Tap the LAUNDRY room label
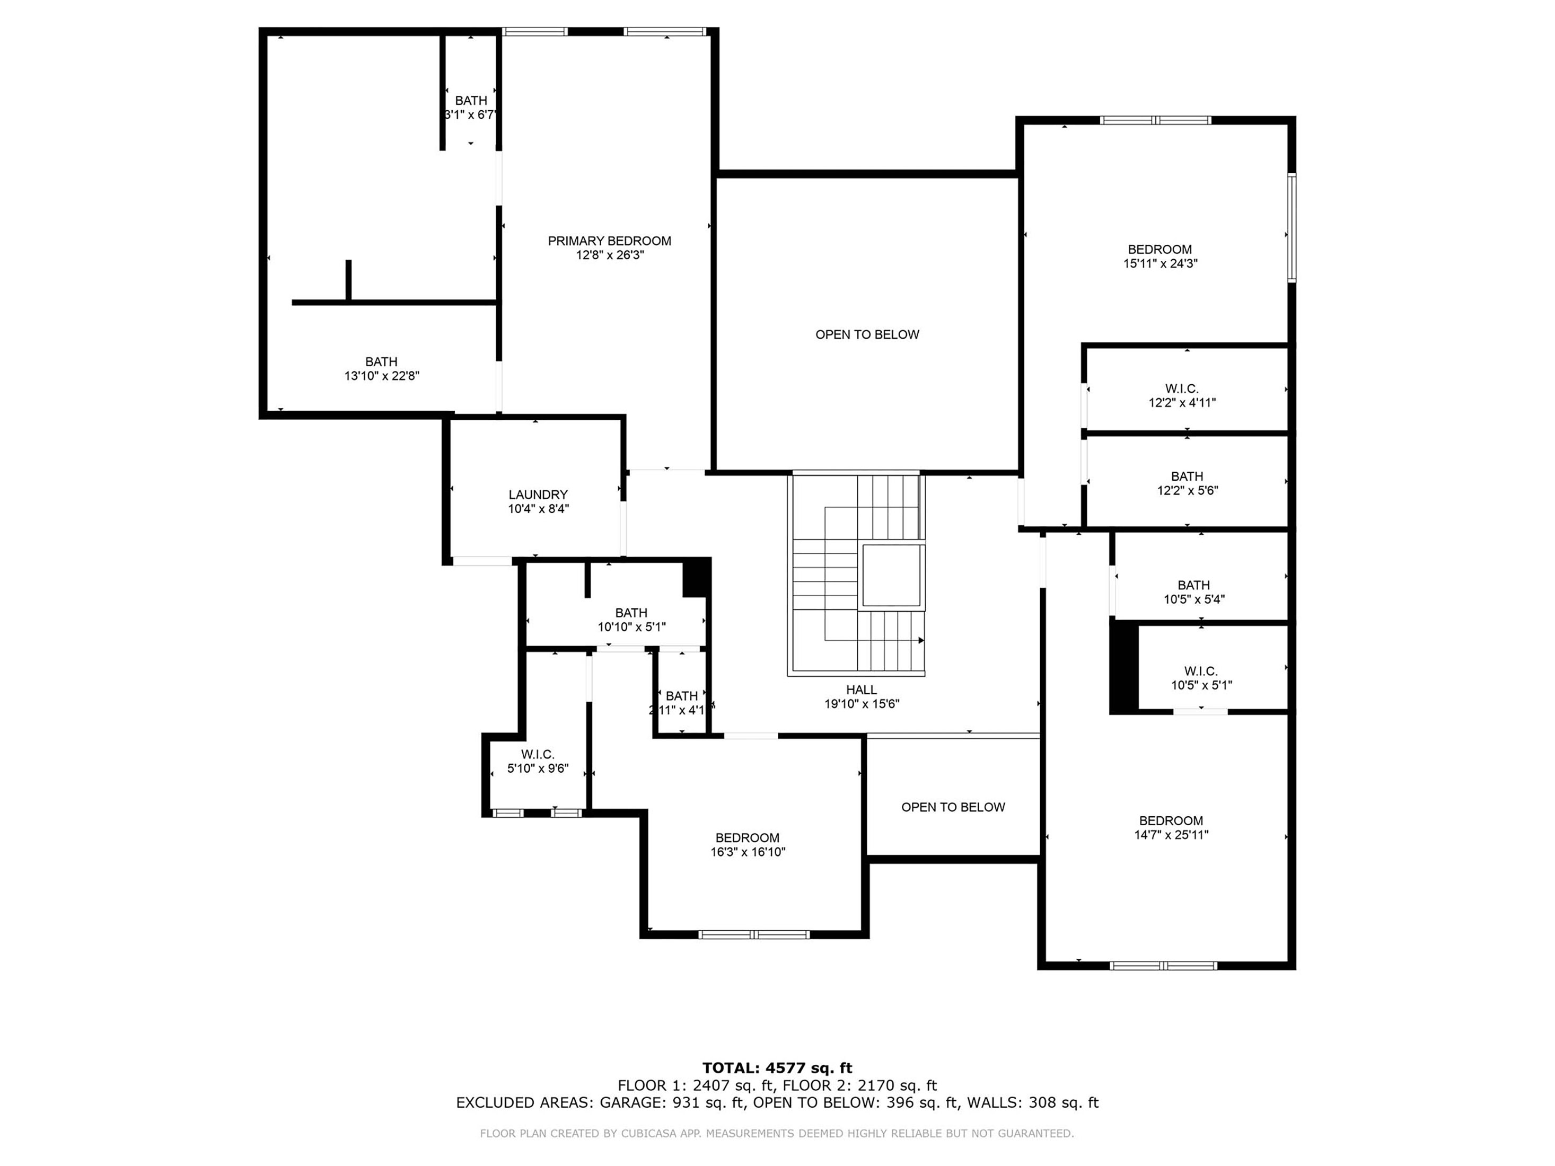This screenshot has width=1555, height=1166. click(x=538, y=495)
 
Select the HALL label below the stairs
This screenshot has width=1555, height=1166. click(x=861, y=690)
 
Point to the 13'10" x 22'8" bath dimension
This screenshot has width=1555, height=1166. click(x=381, y=376)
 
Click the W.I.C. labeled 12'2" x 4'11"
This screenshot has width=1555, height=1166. click(x=1181, y=396)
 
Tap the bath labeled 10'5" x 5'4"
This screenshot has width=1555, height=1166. click(x=1193, y=592)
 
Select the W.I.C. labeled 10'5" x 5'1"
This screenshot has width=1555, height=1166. click(x=1201, y=678)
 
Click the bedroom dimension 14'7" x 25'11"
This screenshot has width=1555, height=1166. click(x=1171, y=835)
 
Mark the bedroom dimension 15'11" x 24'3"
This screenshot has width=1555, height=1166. click(x=1160, y=263)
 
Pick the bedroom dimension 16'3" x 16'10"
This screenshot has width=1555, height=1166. click(x=747, y=852)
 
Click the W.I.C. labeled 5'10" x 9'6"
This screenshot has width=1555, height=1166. click(x=538, y=762)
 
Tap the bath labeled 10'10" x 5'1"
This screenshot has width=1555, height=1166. click(x=631, y=620)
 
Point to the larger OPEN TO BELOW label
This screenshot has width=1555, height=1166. click(x=867, y=334)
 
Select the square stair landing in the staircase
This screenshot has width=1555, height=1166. click(x=891, y=575)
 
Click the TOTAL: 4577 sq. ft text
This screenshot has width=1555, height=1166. click(x=777, y=1068)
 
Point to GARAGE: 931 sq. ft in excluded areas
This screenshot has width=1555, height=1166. click(x=671, y=1103)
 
